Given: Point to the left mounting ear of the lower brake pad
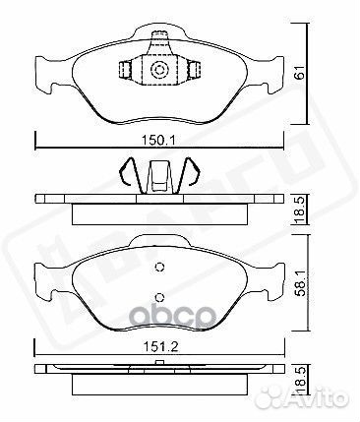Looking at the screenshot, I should point(45,282).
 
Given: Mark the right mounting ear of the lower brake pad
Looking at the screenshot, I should point(273,282).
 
